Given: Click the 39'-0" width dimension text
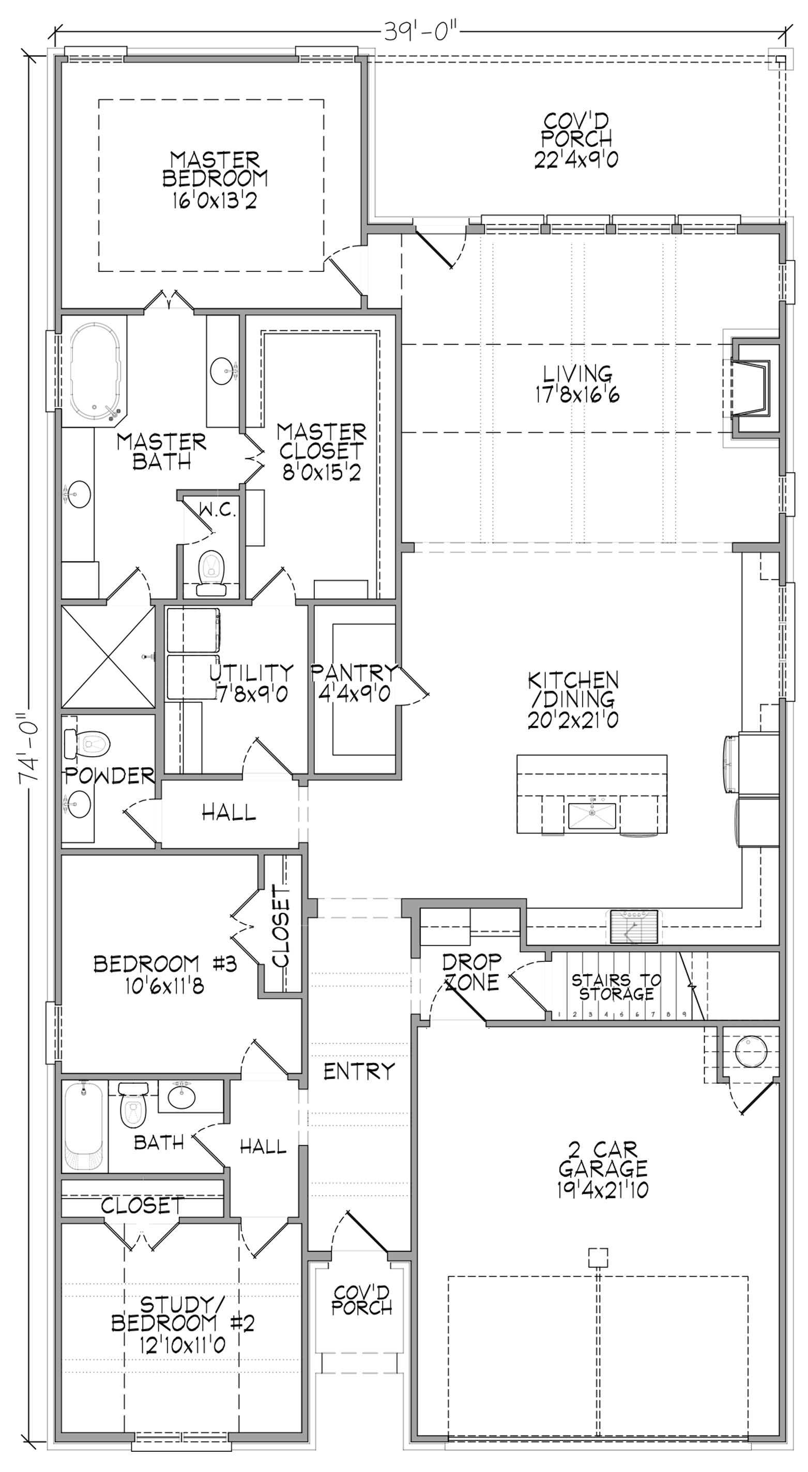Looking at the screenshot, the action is pyautogui.click(x=421, y=32).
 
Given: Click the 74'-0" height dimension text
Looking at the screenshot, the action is pyautogui.click(x=28, y=749).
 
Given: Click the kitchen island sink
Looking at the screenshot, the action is pyautogui.click(x=592, y=816).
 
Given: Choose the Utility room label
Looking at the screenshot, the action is pyautogui.click(x=251, y=683).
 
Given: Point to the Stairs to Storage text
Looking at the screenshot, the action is pyautogui.click(x=616, y=987).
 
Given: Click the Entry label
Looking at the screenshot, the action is pyautogui.click(x=359, y=1071).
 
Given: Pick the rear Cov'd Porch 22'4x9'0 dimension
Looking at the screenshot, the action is pyautogui.click(x=576, y=159).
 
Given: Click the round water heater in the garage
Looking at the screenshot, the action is pyautogui.click(x=750, y=1051).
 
